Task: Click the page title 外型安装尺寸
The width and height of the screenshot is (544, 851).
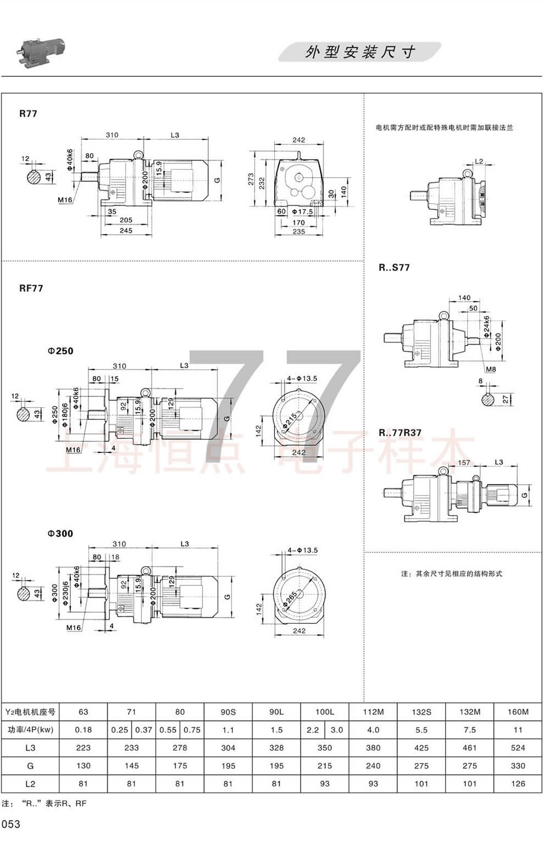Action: (x=360, y=52)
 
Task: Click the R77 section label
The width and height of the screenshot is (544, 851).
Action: (x=28, y=114)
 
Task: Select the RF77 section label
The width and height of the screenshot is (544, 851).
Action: (x=31, y=288)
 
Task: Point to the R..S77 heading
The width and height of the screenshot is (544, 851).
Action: (x=394, y=267)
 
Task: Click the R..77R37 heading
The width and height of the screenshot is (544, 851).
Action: (x=400, y=432)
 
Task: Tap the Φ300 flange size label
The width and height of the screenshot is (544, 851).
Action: (x=60, y=533)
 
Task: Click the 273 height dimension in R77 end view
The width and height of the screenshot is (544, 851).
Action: (x=251, y=180)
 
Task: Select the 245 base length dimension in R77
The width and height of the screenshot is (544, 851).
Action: (x=126, y=231)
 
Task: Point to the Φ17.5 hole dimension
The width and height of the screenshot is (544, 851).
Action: (x=302, y=211)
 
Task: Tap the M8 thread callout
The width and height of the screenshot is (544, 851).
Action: (x=491, y=369)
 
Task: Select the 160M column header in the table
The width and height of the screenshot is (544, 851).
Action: (x=518, y=712)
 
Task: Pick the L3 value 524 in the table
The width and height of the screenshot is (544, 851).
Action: (x=518, y=748)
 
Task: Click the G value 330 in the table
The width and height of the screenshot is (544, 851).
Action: (x=518, y=765)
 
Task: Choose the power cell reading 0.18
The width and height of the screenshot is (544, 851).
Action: (x=83, y=730)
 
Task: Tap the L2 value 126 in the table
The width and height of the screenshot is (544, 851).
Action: (x=518, y=783)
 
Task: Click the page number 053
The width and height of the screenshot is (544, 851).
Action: (x=11, y=824)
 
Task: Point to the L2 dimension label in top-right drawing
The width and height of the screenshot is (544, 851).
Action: (x=478, y=161)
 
